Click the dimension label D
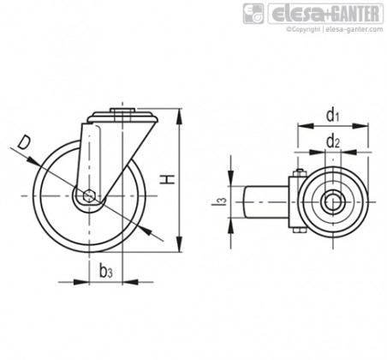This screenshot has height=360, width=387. coord(24,143)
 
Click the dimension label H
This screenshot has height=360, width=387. coord(167,179)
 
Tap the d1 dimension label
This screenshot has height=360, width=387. coord(333,115)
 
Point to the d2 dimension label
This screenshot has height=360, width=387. coord(333,141)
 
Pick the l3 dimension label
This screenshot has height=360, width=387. coord(219,201)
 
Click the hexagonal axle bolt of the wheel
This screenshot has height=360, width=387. coord(89,195)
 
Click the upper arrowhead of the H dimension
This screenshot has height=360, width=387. coord(179,116)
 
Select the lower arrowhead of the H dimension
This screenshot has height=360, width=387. coord(179,244)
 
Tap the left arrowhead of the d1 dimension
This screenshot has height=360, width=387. coord(306,126)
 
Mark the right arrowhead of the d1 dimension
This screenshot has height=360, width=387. coord(360,126)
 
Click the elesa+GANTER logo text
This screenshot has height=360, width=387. coord(325,14)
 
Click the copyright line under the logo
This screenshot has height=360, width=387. coord(335,29)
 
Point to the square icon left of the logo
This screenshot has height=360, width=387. coord(253,14)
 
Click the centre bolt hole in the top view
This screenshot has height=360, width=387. coord(333,202)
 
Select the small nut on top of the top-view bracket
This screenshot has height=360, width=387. coord(300,172)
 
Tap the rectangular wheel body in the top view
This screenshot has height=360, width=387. coord(266,201)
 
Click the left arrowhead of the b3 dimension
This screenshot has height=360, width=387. coord(81,282)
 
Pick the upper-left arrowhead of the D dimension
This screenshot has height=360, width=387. coord(33,160)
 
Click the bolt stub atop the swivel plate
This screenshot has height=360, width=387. coord(122,111)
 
